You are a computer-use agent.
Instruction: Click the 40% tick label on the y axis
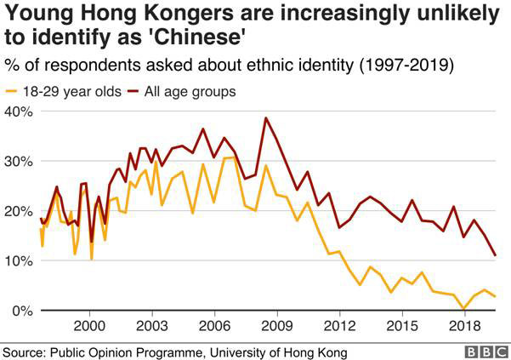[19, 111]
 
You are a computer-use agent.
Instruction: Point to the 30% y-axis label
[19, 162]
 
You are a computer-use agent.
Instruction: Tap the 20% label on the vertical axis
[19, 211]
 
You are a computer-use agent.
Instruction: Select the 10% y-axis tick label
[19, 260]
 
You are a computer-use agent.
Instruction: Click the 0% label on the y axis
[22, 311]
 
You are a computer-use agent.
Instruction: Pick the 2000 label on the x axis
[90, 326]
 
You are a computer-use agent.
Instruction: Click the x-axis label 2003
[152, 326]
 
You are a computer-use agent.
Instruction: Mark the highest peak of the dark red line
[266, 117]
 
